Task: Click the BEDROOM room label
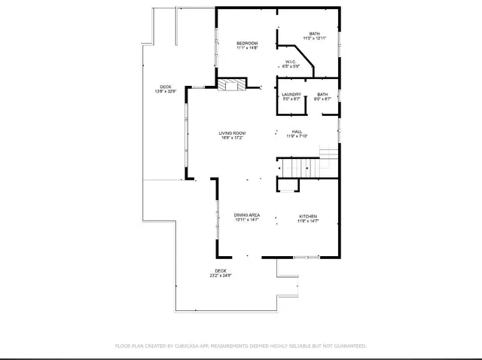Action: pyautogui.click(x=248, y=44)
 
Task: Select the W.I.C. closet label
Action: pyautogui.click(x=291, y=62)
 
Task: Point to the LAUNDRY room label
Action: pyautogui.click(x=291, y=94)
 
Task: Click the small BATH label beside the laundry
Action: pyautogui.click(x=322, y=94)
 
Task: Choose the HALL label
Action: pyautogui.click(x=297, y=132)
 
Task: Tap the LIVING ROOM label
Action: pyautogui.click(x=233, y=133)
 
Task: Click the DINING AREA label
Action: pyautogui.click(x=247, y=215)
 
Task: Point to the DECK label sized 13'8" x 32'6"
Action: pyautogui.click(x=165, y=87)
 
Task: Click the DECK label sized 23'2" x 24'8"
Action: pyautogui.click(x=221, y=270)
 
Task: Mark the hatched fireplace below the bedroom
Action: pyautogui.click(x=232, y=85)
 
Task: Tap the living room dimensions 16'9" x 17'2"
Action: pyautogui.click(x=233, y=138)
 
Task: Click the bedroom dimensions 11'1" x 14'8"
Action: pyautogui.click(x=248, y=48)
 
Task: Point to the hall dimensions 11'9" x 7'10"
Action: pyautogui.click(x=297, y=137)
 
